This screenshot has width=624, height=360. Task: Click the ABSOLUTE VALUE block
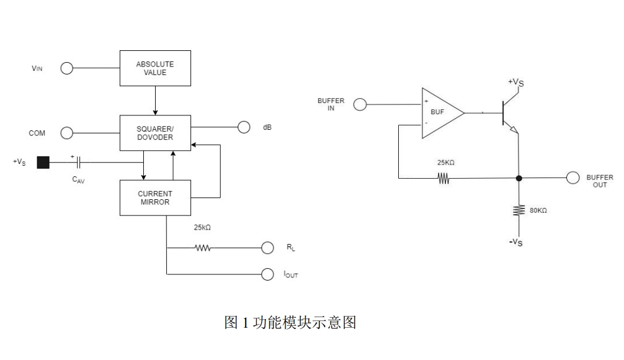point(155,68)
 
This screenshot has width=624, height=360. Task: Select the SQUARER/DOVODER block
point(155,132)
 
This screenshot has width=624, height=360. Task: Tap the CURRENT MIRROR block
point(155,197)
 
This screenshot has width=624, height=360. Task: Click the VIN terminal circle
point(66,68)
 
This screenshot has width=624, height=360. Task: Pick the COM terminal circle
point(66,132)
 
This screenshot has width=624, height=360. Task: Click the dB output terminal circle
point(244,128)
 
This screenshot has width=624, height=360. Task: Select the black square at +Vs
point(43,163)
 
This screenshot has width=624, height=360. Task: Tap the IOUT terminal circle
point(267,274)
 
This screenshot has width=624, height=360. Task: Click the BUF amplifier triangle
point(441,112)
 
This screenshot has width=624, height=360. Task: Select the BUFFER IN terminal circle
point(360,105)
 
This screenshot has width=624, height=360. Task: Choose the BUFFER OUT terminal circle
point(573,178)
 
